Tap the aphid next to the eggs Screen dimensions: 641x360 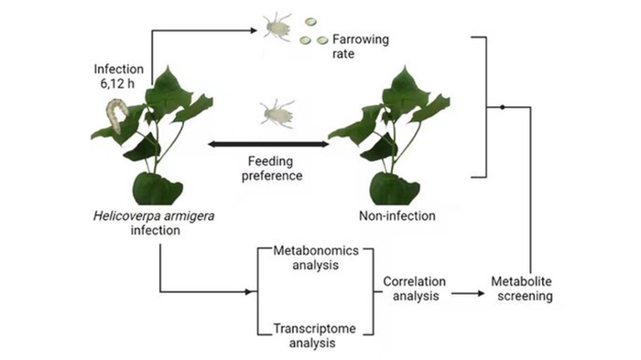click(277, 27)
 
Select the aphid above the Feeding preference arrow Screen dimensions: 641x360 click(277, 113)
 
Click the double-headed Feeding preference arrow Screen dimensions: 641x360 click(268, 144)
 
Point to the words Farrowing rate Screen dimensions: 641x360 click(360, 46)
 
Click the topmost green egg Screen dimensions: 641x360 click(310, 22)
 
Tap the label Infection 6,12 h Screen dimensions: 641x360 click(118, 76)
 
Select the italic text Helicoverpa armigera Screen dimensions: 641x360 click(154, 215)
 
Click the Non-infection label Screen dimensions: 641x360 click(397, 215)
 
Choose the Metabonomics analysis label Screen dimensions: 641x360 click(316, 257)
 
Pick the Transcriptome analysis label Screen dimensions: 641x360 click(313, 335)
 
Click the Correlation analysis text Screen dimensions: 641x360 click(415, 289)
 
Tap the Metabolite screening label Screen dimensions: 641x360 click(522, 289)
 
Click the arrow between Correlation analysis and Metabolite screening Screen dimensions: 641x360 click(468, 293)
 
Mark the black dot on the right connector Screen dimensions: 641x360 click(503, 107)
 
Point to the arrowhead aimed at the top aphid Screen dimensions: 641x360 click(254, 30)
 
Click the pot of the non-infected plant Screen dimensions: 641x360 click(394, 189)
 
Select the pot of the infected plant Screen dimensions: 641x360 click(157, 189)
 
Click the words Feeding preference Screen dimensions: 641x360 click(272, 169)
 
